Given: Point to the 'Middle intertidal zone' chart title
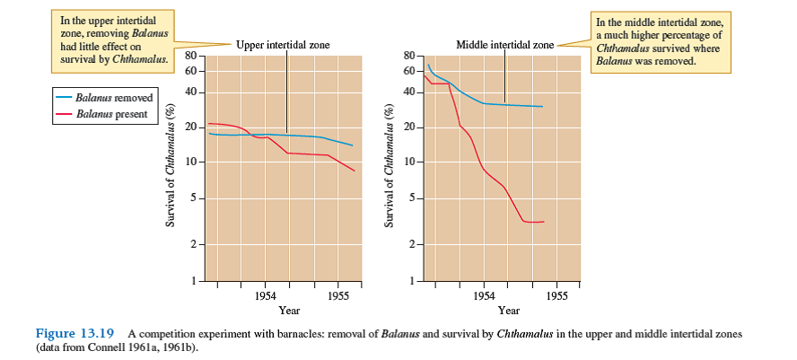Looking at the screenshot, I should point(505,45).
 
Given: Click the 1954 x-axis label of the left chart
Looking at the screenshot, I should point(265,294).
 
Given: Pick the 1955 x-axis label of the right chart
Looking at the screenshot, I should point(556,294).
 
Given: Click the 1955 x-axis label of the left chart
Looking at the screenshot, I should point(337,294).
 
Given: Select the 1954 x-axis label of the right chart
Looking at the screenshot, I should point(484,294).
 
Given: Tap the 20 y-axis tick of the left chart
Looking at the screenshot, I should point(190,127).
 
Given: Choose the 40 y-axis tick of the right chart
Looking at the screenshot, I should point(410,92).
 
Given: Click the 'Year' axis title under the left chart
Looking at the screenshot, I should point(289,311).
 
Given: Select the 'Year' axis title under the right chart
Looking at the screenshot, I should point(508,311).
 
